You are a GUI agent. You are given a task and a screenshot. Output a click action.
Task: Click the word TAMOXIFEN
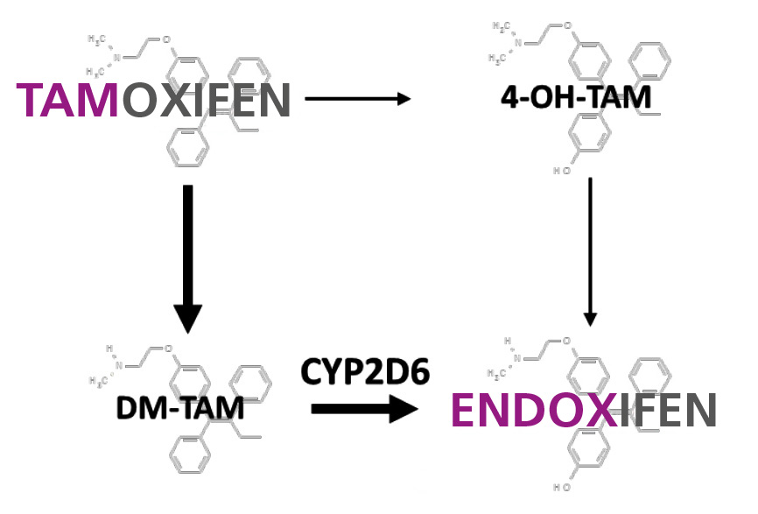point(153,99)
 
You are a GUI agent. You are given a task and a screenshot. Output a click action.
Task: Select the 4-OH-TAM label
point(576,97)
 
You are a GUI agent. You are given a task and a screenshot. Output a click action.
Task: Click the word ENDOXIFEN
point(584,411)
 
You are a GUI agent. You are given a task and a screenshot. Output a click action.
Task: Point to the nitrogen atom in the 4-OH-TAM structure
point(516,43)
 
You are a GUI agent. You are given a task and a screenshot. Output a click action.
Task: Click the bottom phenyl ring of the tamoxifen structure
point(186,145)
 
